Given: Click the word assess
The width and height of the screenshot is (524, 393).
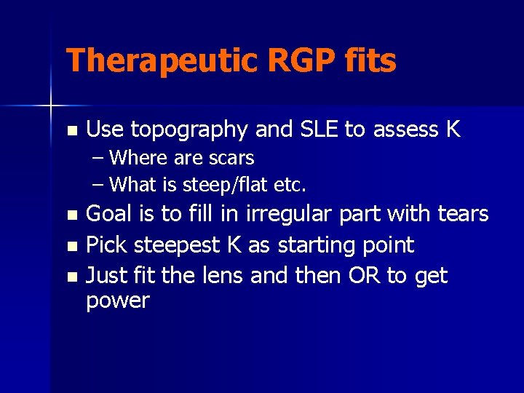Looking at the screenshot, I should tap(402, 130).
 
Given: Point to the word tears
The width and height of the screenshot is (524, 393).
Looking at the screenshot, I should tap(462, 214).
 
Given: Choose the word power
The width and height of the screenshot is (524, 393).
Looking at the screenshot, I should tap(117, 301).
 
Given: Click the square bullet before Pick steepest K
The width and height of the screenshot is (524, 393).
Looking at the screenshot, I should tap(71, 246).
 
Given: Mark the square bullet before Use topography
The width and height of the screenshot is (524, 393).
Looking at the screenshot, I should tap(71, 131).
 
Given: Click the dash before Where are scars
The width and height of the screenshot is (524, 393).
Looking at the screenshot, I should tap(98, 158).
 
